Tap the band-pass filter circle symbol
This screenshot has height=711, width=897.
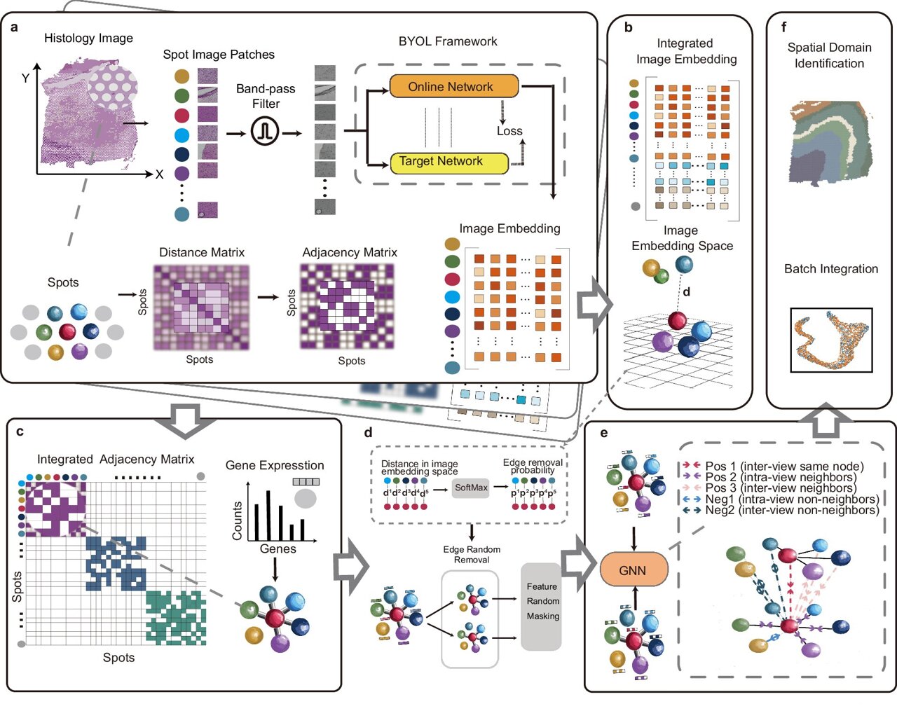pyautogui.click(x=266, y=131)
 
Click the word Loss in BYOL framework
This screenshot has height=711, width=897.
pyautogui.click(x=509, y=131)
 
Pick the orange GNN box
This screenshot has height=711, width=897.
pyautogui.click(x=633, y=571)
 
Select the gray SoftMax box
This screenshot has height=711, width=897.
pyautogui.click(x=471, y=488)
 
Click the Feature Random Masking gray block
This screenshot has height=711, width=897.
pyautogui.click(x=542, y=606)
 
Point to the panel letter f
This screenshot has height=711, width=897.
pyautogui.click(x=783, y=27)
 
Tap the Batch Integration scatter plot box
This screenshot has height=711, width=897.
pyautogui.click(x=831, y=340)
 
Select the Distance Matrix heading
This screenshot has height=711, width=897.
pyautogui.click(x=202, y=252)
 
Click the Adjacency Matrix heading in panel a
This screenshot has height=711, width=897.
pyautogui.click(x=350, y=252)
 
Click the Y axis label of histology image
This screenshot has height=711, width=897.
pyautogui.click(x=26, y=78)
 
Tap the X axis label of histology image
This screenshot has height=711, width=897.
pyautogui.click(x=159, y=174)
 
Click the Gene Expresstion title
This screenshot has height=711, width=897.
pyautogui.click(x=275, y=465)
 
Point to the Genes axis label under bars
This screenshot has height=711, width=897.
pyautogui.click(x=278, y=548)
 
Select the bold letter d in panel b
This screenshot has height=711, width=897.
pyautogui.click(x=687, y=291)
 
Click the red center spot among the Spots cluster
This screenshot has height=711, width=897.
pyautogui.click(x=67, y=331)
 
